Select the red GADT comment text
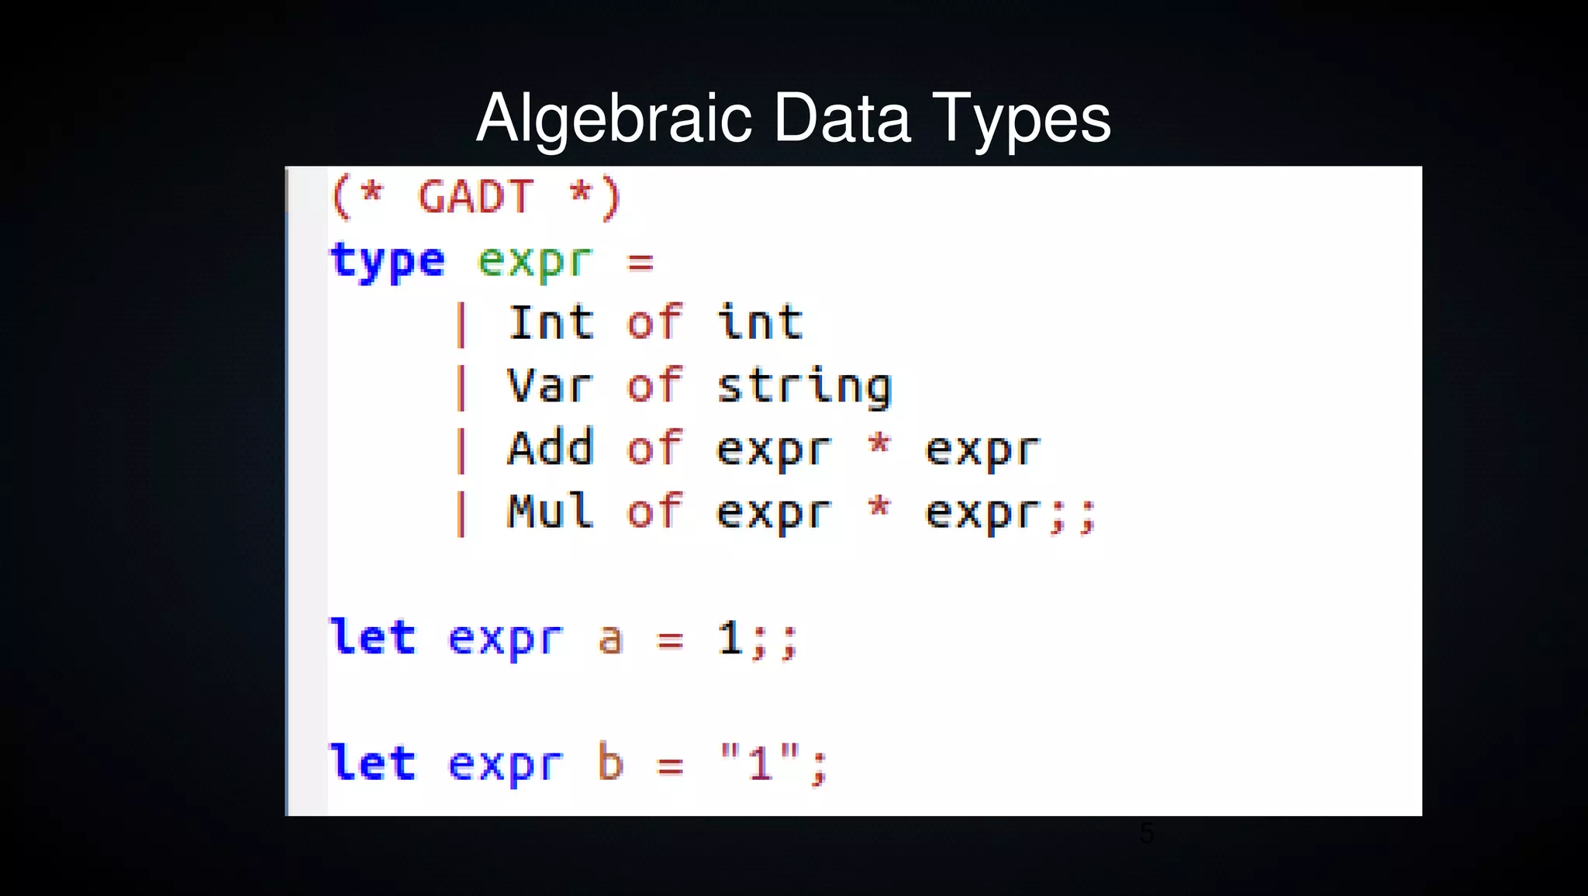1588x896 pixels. pyautogui.click(x=475, y=196)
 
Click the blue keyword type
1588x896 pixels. pyautogui.click(x=388, y=260)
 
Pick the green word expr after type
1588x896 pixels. pyautogui.click(x=535, y=260)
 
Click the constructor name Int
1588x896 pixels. pyautogui.click(x=551, y=322)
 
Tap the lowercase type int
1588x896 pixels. pyautogui.click(x=760, y=322)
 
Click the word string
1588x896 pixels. pyautogui.click(x=804, y=387)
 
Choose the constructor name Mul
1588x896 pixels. pyautogui.click(x=551, y=512)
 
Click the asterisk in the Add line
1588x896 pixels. pyautogui.click(x=879, y=445)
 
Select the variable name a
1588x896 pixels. pyautogui.click(x=610, y=640)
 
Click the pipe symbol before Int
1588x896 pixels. pyautogui.click(x=461, y=324)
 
